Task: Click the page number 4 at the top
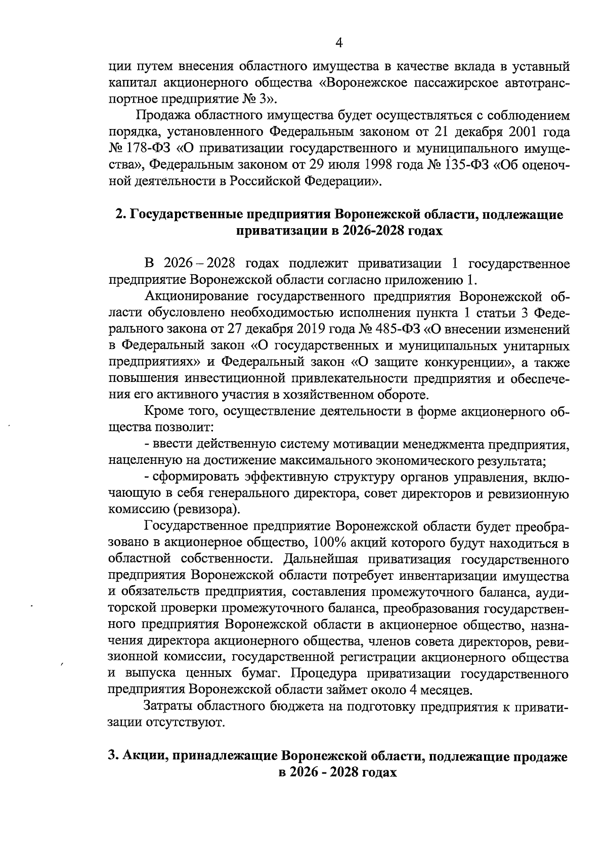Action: (x=339, y=44)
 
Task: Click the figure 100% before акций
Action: (x=330, y=543)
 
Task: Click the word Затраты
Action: (x=167, y=707)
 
